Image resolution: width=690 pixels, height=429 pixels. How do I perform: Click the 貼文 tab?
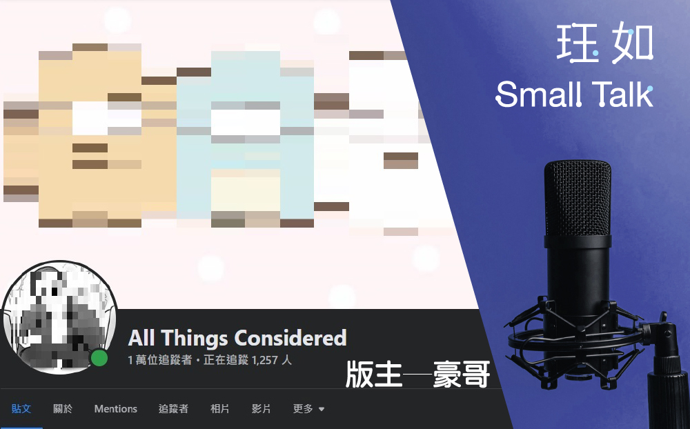pos(21,409)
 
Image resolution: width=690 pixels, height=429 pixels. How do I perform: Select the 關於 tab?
pos(63,409)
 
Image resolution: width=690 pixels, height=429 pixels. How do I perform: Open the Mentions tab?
pos(116,409)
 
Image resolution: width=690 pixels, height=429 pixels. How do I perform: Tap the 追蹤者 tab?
pos(173,409)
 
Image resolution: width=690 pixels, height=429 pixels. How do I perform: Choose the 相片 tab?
pos(219,409)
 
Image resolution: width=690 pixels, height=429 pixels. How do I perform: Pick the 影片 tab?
pos(261,409)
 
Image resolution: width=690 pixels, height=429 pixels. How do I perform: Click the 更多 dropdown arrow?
pos(322,409)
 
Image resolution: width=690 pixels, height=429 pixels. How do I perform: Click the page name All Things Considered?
pos(237,338)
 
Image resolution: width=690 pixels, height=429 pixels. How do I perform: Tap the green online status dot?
pos(99,358)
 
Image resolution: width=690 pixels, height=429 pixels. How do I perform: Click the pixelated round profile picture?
pos(59,317)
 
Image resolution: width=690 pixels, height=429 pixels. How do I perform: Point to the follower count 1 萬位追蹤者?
pos(160,360)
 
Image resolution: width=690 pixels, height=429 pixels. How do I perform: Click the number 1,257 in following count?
pos(265,360)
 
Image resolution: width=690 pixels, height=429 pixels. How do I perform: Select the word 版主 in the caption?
pos(373,375)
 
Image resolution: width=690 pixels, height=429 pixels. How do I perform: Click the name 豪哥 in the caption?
pos(461,375)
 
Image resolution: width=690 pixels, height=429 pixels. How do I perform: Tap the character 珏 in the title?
pos(578,43)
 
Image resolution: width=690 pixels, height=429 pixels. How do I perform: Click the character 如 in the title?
pos(632,43)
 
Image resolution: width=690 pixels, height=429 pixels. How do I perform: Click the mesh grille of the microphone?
pos(578,198)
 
